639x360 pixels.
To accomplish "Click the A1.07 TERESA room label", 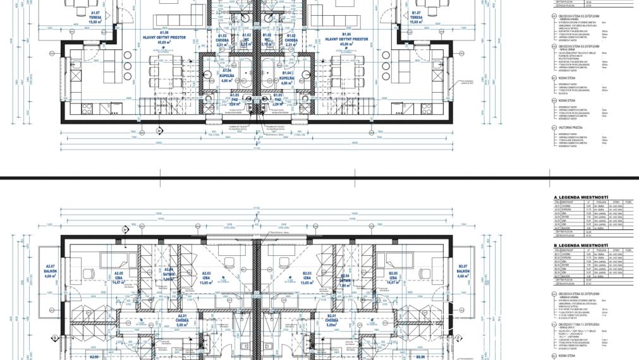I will tap(95, 16).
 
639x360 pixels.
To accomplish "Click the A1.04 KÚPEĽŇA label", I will tap(228, 79).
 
